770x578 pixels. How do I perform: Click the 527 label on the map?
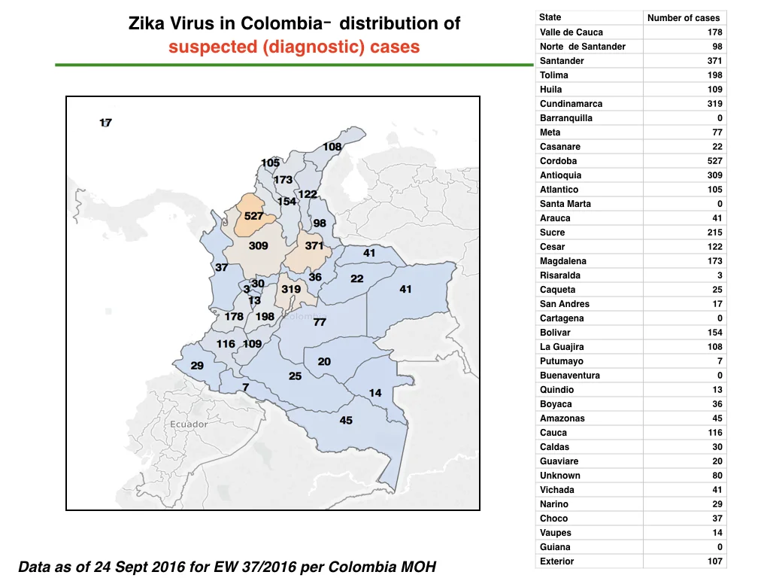coord(253,216)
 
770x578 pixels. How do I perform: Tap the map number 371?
coord(314,245)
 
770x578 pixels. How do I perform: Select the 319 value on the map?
coord(291,289)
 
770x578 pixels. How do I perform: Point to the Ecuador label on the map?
coord(189,424)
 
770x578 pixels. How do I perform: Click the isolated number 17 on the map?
coord(105,123)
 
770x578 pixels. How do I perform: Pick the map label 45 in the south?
coord(346,420)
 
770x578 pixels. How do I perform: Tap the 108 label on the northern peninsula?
coord(332,147)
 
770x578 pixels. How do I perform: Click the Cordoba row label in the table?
coord(559,161)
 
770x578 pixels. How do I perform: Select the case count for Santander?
coord(714,61)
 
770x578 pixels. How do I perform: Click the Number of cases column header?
coord(684,18)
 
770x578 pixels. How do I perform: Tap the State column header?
coord(550,17)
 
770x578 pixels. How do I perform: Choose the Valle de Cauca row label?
coord(571,32)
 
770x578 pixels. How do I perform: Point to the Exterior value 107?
coord(714,561)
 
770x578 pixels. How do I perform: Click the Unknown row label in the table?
coord(559,476)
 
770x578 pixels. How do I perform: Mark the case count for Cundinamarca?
coord(714,104)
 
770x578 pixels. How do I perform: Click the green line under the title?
coord(294,65)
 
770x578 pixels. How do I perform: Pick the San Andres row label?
coord(564,304)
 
